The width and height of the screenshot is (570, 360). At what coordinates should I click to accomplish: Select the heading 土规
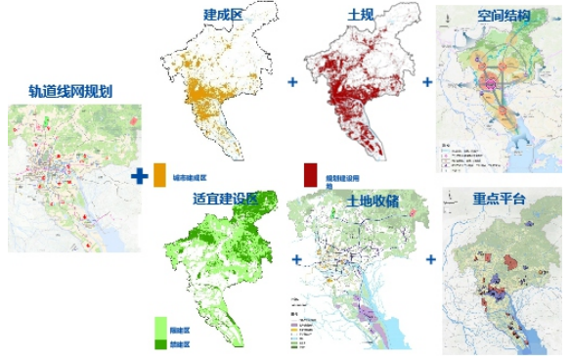tap(345, 15)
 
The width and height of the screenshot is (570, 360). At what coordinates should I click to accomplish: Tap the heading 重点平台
tap(499, 200)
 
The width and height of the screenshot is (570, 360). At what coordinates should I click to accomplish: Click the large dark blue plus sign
tap(141, 175)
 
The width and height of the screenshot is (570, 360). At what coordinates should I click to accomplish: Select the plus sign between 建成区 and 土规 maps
tap(291, 82)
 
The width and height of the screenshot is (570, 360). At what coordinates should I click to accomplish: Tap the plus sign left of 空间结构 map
tap(427, 82)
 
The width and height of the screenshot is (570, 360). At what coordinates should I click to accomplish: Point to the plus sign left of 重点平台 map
tap(430, 260)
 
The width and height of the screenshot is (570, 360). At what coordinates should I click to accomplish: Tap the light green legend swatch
tap(160, 326)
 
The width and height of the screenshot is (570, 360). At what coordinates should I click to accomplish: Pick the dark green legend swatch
tap(160, 344)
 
